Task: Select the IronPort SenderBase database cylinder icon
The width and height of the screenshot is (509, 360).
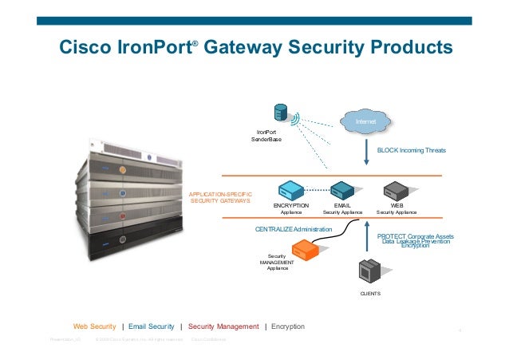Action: coord(280,113)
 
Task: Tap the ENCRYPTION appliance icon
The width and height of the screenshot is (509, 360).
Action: coord(290,191)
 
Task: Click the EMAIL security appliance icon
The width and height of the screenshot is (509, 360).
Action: coord(342,191)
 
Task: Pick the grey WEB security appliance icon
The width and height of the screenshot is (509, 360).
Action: coord(397,191)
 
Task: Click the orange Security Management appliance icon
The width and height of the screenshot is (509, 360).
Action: coord(304,251)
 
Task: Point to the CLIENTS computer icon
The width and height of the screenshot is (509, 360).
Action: coord(370,272)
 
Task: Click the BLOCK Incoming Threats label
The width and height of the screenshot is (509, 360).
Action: coord(412,150)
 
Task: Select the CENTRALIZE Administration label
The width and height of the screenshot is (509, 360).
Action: coord(293,229)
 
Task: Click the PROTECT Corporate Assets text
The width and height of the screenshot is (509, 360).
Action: coord(415,237)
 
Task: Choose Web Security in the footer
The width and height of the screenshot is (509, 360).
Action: coord(95,326)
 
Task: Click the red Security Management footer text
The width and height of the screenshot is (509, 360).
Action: coord(223,326)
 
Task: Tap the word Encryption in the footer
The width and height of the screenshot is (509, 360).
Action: coord(287,326)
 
